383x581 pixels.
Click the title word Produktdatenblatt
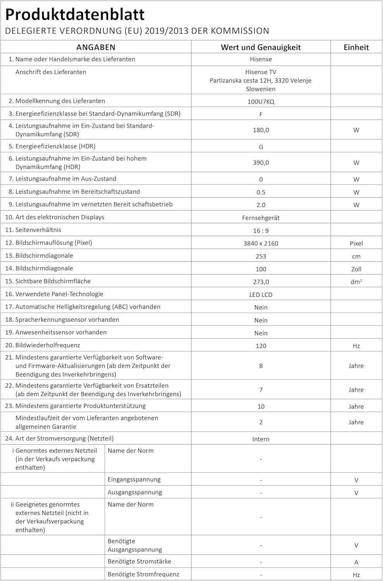(75, 14)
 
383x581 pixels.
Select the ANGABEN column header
(96, 47)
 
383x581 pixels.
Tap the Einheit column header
(356, 47)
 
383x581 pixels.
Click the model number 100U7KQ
(261, 101)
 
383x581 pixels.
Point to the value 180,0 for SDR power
(261, 130)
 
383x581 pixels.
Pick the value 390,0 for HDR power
(261, 163)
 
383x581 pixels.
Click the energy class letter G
(261, 147)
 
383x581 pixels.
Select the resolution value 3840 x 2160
(261, 243)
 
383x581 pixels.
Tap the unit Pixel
(356, 243)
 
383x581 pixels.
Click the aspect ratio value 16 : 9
(261, 230)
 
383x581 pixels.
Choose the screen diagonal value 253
(261, 256)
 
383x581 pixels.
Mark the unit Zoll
(356, 269)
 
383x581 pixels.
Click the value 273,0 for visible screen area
(261, 282)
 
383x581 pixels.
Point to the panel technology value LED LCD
(261, 294)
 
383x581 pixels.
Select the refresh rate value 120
(261, 346)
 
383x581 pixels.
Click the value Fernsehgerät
(261, 218)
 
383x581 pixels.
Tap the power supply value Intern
(261, 439)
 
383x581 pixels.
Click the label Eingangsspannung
(134, 480)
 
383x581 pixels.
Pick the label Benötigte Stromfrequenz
(143, 574)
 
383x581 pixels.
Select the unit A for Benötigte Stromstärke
(356, 562)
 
